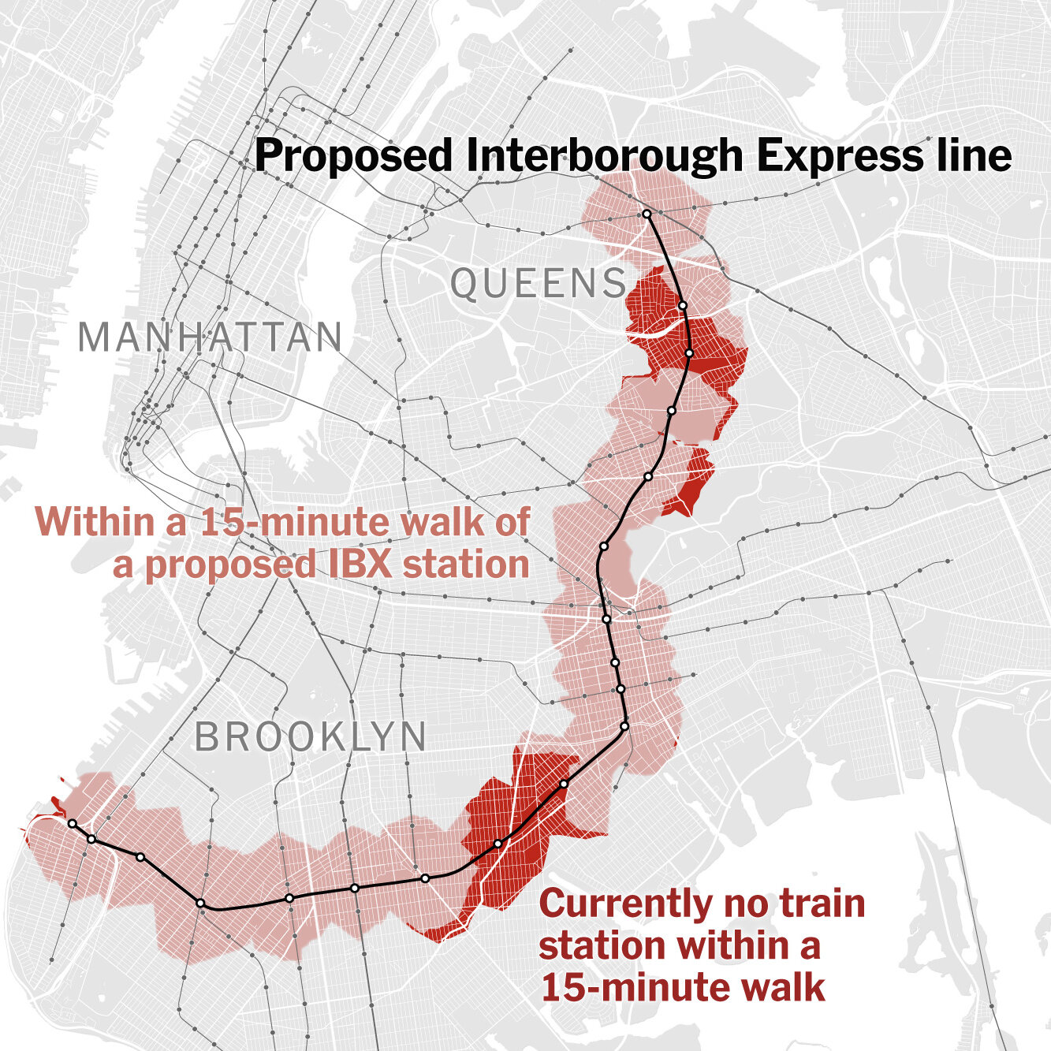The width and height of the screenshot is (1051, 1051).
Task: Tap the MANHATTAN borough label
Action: click(x=211, y=337)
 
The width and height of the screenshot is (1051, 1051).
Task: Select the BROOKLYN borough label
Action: click(x=311, y=737)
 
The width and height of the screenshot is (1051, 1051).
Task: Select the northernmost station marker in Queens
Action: click(x=646, y=214)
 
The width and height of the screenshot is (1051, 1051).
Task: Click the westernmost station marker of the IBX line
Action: click(x=72, y=823)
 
